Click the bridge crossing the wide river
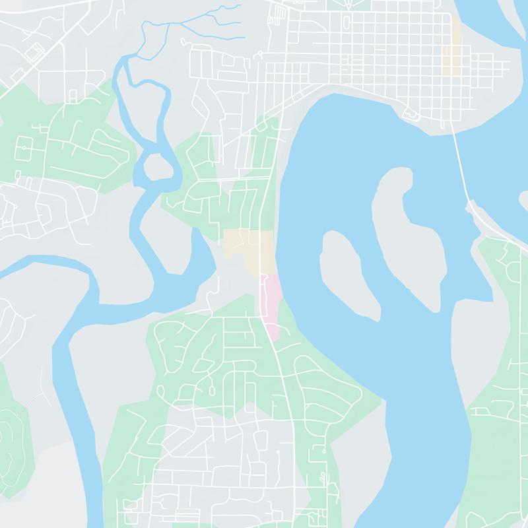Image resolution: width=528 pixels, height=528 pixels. point(460,165)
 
